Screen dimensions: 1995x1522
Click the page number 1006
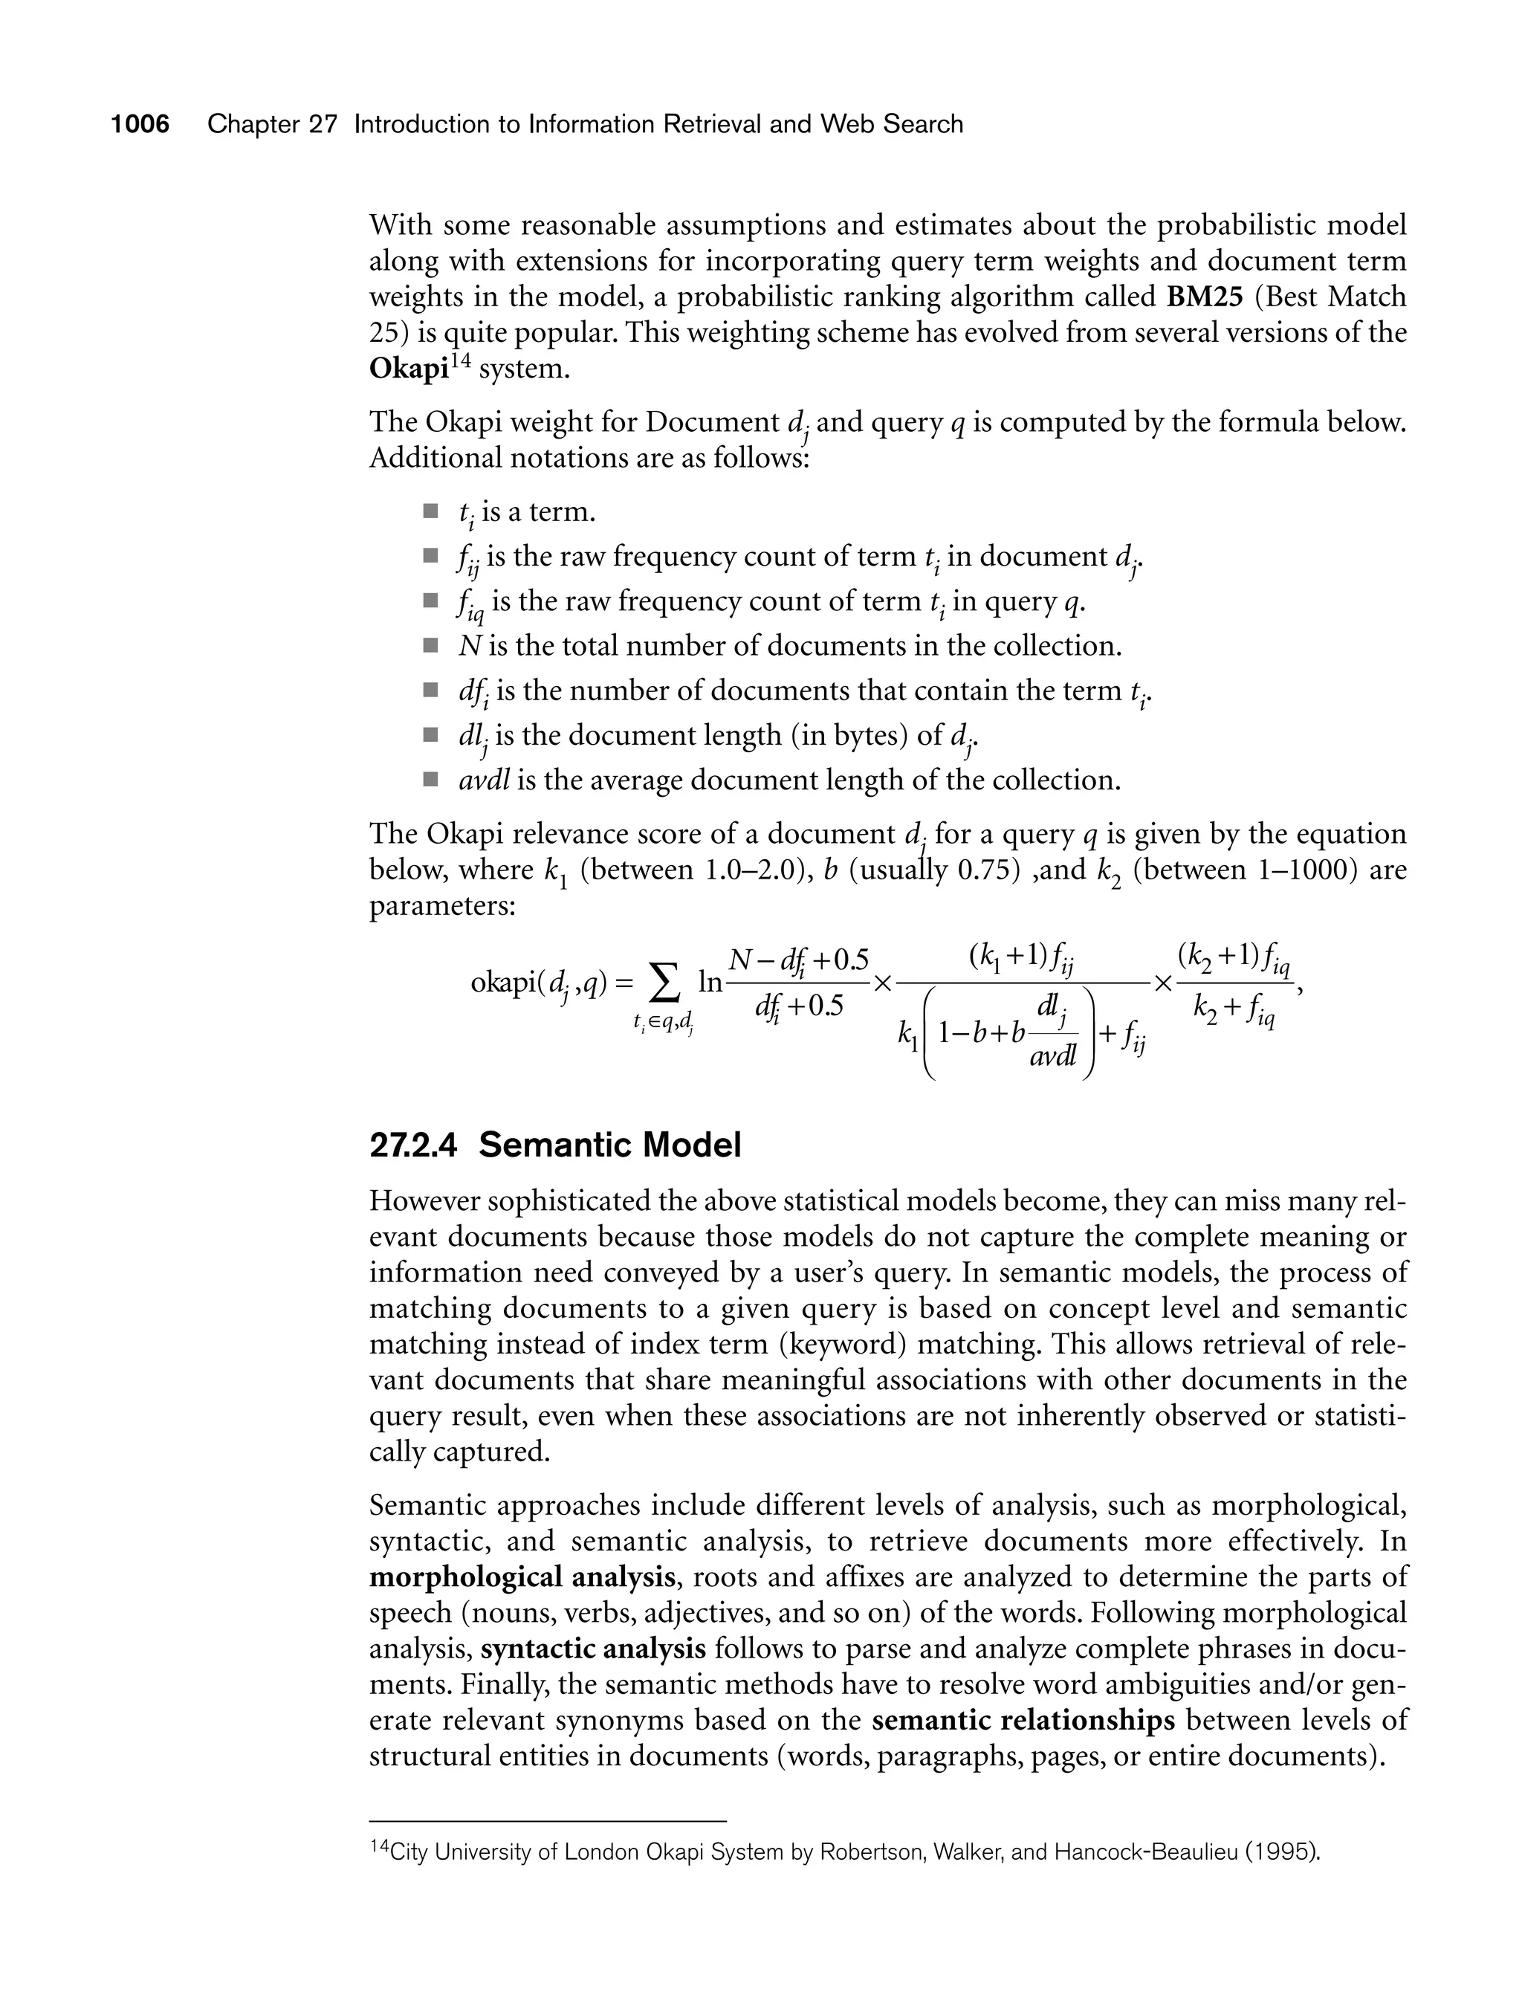[x=140, y=124]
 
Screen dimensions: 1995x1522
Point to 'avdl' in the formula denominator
[x=1053, y=1055]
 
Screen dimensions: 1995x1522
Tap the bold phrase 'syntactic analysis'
[x=593, y=1649]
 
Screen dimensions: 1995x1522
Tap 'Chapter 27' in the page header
[x=272, y=124]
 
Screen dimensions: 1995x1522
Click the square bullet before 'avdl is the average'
[x=430, y=778]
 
